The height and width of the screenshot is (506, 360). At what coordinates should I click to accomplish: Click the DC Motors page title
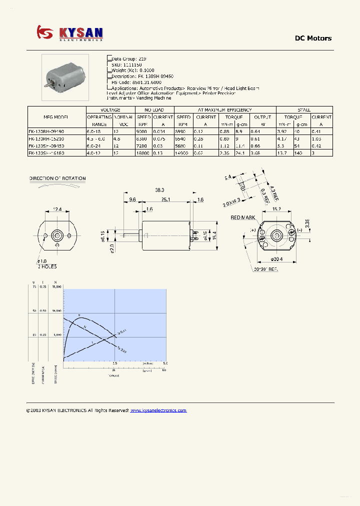312,38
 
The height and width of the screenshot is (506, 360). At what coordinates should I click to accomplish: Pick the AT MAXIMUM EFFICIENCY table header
225,110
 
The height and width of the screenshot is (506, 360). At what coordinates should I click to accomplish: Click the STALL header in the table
304,110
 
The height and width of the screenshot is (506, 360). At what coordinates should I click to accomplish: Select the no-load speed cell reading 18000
143,153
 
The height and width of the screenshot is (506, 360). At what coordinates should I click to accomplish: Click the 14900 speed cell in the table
183,153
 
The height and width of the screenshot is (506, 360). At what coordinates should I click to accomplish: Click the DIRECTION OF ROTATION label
57,178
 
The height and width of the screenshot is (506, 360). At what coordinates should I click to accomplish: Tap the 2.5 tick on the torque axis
115,363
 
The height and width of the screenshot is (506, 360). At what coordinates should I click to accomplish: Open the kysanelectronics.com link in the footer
158,410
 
